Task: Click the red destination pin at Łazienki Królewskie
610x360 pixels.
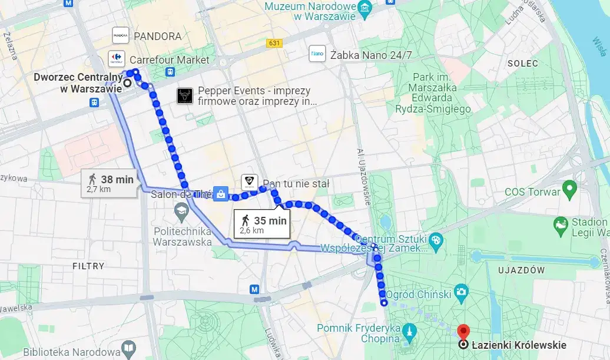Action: coord(463,332)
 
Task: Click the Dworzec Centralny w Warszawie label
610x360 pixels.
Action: coord(78,82)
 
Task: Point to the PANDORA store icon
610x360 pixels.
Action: coord(120,36)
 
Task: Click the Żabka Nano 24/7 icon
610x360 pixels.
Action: coord(317,54)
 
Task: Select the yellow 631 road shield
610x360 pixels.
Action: coord(274,43)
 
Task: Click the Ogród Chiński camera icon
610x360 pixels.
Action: coord(462,292)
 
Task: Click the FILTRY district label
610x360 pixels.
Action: coord(88,266)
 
